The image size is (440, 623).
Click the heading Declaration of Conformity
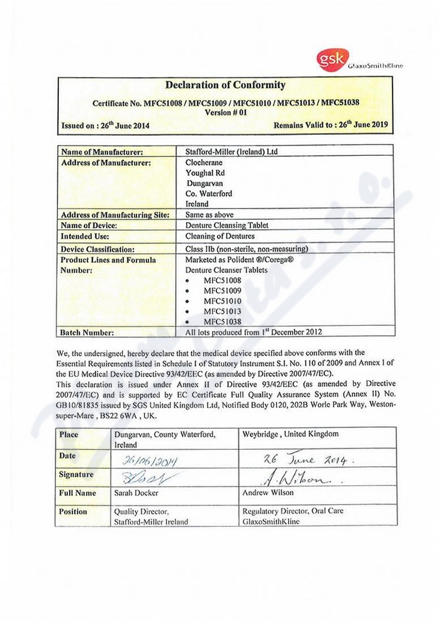point(225,86)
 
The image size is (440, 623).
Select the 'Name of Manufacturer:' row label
point(101,152)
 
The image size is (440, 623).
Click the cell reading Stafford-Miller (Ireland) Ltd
point(232,152)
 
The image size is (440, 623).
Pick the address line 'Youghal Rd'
point(204,173)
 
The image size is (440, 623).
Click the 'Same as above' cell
point(209,215)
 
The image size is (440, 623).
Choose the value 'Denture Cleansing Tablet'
point(227,225)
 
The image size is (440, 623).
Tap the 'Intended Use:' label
point(85,236)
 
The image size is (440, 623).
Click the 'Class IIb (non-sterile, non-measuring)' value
point(246,249)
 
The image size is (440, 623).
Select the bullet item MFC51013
point(223,311)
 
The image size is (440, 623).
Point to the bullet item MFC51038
point(223,322)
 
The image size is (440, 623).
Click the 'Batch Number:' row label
point(87,332)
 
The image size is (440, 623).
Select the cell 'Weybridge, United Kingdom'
point(291,434)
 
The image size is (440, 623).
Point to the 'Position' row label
point(73,511)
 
